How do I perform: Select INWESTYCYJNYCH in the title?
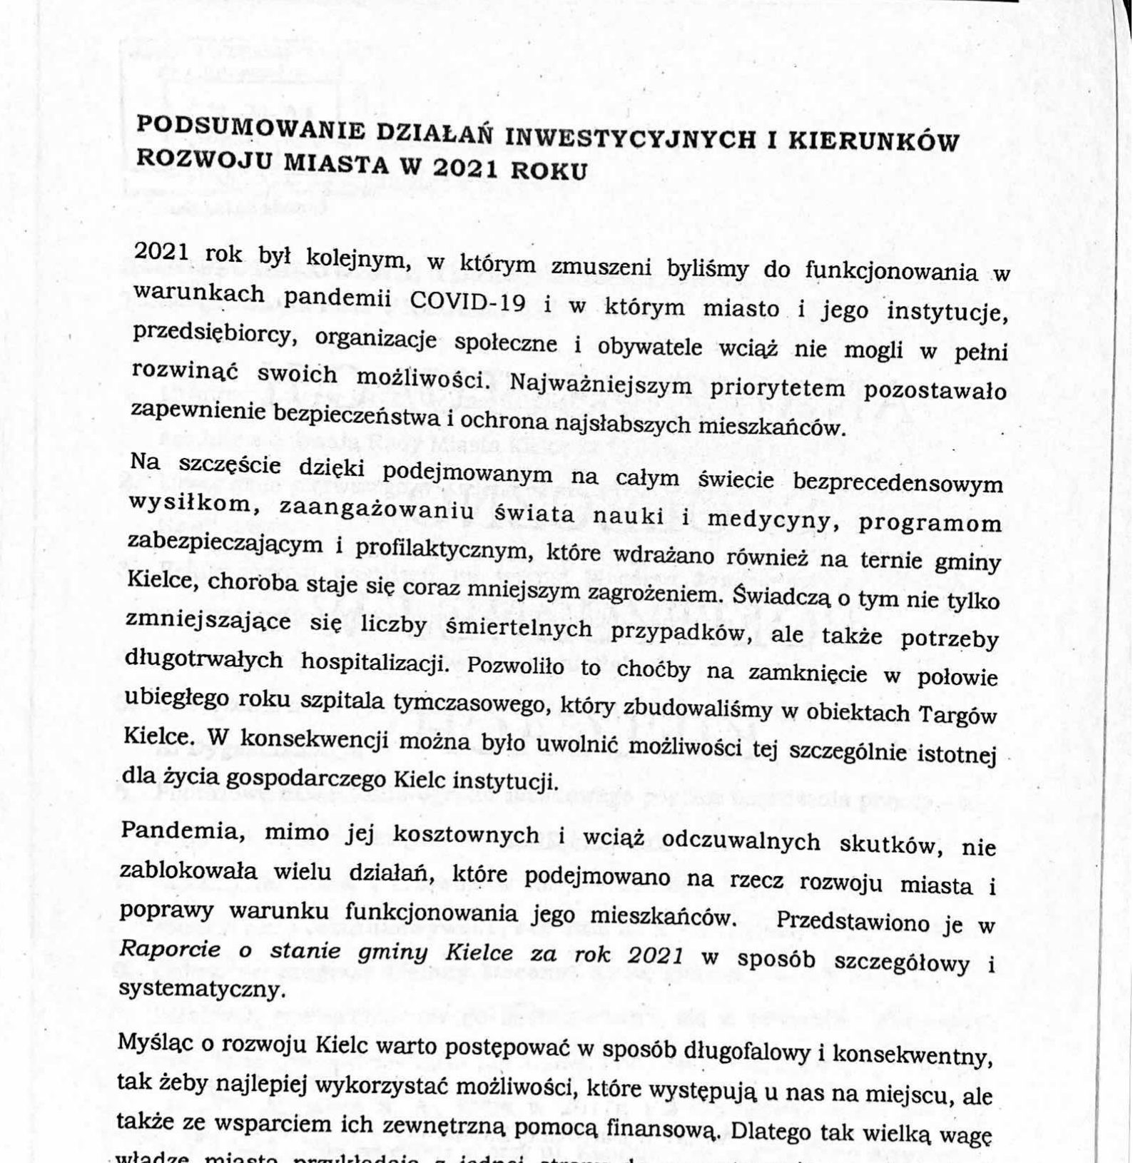617,136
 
